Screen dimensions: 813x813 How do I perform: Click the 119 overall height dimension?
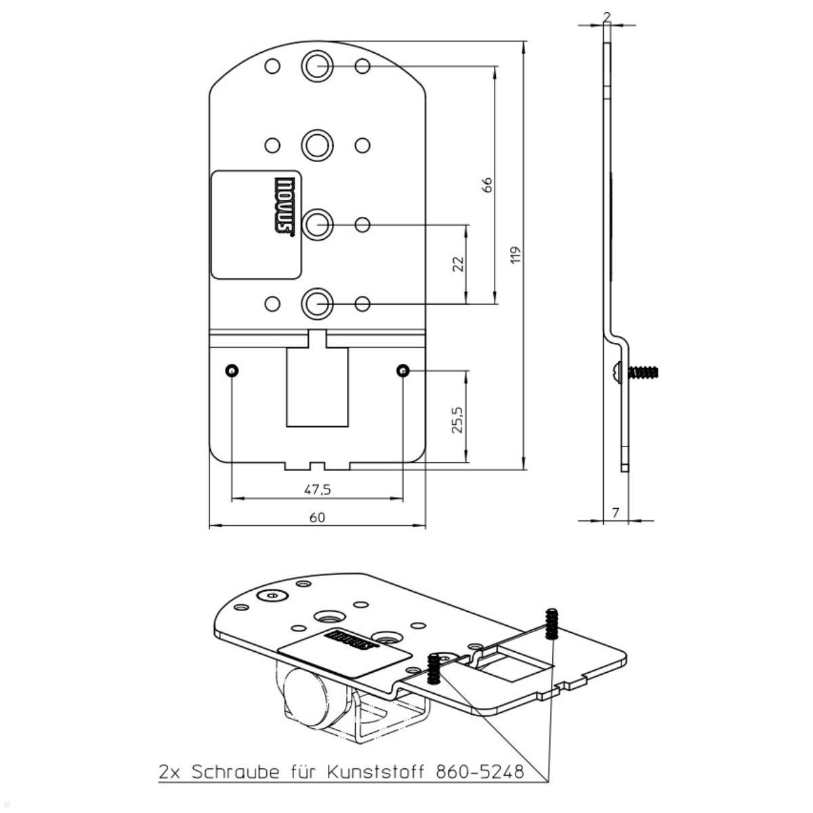click(516, 255)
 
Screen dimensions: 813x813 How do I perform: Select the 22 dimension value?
click(458, 264)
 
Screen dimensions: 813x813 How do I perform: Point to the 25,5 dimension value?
click(458, 420)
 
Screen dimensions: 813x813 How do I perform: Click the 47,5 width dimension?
click(317, 489)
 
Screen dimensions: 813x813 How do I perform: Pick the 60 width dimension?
click(317, 517)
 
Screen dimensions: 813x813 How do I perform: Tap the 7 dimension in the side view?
click(616, 513)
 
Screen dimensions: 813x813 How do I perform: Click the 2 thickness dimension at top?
click(606, 18)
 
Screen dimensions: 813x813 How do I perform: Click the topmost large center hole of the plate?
click(317, 66)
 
